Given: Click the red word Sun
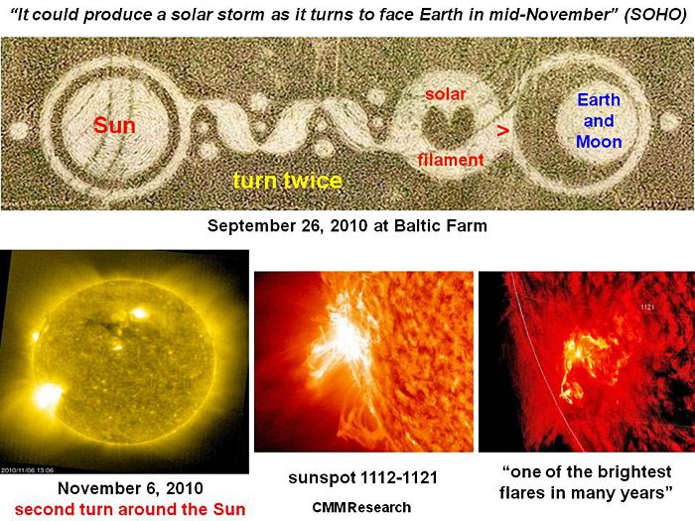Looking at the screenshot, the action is pyautogui.click(x=114, y=125).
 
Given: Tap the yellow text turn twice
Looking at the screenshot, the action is pyautogui.click(x=288, y=181).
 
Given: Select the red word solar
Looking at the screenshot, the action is pyautogui.click(x=446, y=94).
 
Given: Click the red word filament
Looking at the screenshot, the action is pyautogui.click(x=451, y=160).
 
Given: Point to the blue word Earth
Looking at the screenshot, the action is pyautogui.click(x=599, y=100).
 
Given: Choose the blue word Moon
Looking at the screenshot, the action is pyautogui.click(x=599, y=142).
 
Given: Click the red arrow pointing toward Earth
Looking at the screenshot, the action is pyautogui.click(x=502, y=131).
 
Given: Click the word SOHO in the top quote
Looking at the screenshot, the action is pyautogui.click(x=655, y=15).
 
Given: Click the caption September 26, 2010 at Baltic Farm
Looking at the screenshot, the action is pyautogui.click(x=347, y=225).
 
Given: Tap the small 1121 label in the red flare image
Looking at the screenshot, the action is pyautogui.click(x=647, y=307).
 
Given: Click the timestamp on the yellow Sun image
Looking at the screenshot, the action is pyautogui.click(x=27, y=470).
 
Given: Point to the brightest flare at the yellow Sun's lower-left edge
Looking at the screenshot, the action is pyautogui.click(x=47, y=396).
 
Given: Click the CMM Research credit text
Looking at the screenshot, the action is pyautogui.click(x=361, y=507).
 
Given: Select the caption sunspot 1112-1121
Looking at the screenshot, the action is pyautogui.click(x=363, y=477).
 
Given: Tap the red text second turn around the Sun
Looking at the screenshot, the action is pyautogui.click(x=130, y=509).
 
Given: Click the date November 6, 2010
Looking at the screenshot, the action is pyautogui.click(x=130, y=488).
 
